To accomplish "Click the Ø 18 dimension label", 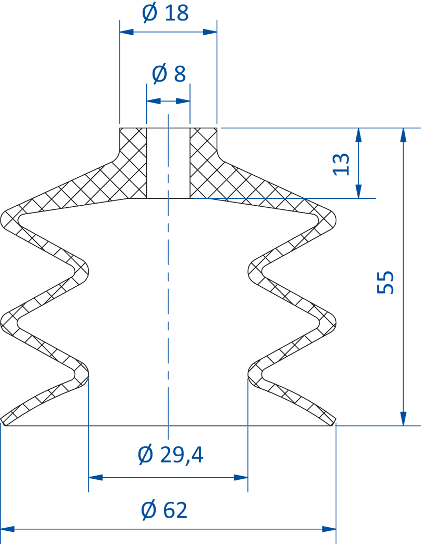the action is click(x=165, y=13).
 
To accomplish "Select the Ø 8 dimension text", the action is click(x=168, y=74).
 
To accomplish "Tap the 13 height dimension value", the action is click(x=341, y=164).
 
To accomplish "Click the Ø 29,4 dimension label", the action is click(x=170, y=455).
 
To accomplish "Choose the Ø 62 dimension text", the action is click(x=164, y=510).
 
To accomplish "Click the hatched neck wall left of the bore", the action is click(x=133, y=158).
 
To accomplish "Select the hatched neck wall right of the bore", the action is click(x=203, y=158).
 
